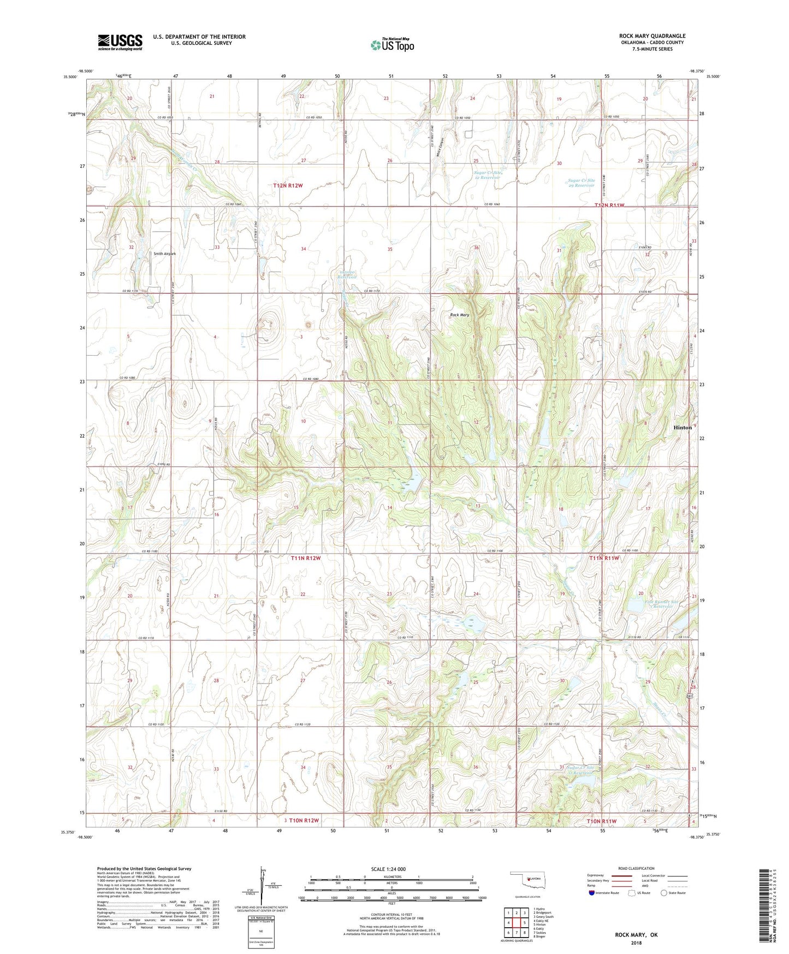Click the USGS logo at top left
click(x=120, y=42)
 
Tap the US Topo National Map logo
click(x=392, y=45)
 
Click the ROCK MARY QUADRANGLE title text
click(x=652, y=36)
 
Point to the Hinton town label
click(x=682, y=427)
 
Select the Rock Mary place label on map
click(x=459, y=315)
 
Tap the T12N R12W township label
click(x=288, y=186)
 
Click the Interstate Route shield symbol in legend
click(x=592, y=893)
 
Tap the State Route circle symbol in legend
click(x=664, y=893)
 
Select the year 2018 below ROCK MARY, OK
click(x=636, y=943)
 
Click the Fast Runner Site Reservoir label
click(x=661, y=604)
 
